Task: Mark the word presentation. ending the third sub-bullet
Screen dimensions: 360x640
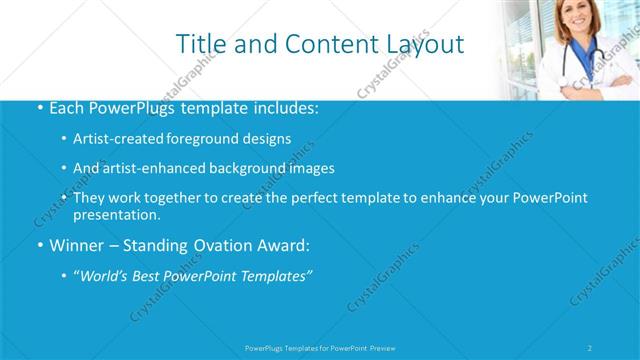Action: [117, 214]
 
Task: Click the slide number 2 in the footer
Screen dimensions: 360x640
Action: [590, 348]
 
